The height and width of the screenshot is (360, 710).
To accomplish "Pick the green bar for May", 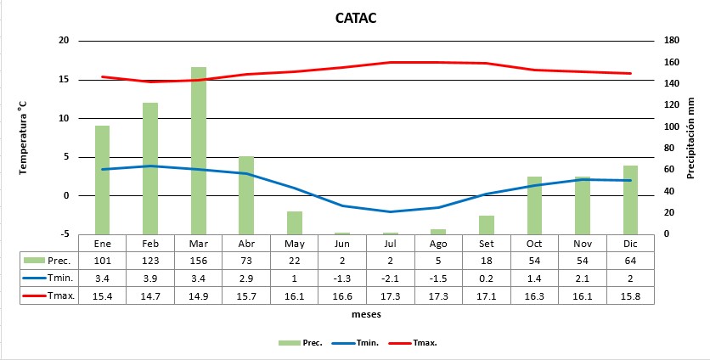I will point(294,222).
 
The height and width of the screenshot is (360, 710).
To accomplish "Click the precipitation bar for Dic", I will point(630,200).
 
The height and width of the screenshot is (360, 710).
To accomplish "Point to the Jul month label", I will point(390,242).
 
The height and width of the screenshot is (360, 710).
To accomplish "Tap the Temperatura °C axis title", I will point(24,138).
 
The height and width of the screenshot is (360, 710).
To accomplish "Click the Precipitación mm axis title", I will point(691,138).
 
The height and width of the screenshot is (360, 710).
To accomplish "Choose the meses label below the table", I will point(366,314).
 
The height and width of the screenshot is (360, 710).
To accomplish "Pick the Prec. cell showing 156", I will point(198,260).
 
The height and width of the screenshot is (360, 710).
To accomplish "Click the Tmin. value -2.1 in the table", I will point(390,278).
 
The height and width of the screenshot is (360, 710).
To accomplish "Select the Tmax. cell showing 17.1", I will point(486,295).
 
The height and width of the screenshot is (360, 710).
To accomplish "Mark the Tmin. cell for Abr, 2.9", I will point(245,278).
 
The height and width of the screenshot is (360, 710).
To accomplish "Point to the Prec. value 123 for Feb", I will point(150,260).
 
